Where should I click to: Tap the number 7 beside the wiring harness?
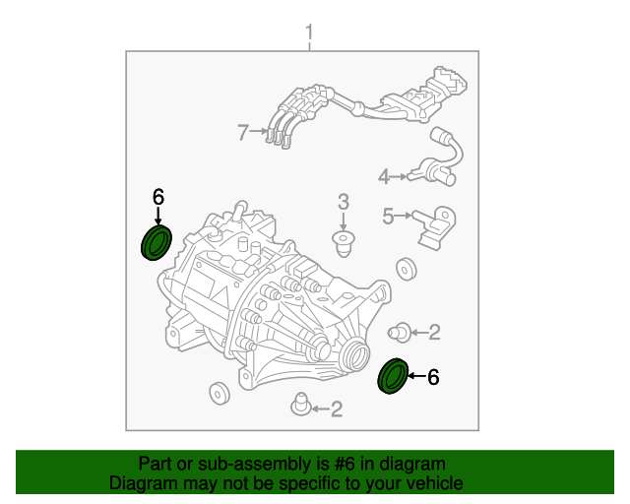click(x=243, y=131)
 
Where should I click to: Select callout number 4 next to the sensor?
click(x=384, y=177)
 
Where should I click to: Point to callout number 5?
click(x=388, y=216)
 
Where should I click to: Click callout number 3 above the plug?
click(x=344, y=202)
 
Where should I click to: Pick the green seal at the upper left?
click(x=157, y=241)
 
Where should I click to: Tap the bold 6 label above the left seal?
click(x=157, y=197)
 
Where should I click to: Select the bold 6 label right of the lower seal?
click(x=433, y=376)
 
